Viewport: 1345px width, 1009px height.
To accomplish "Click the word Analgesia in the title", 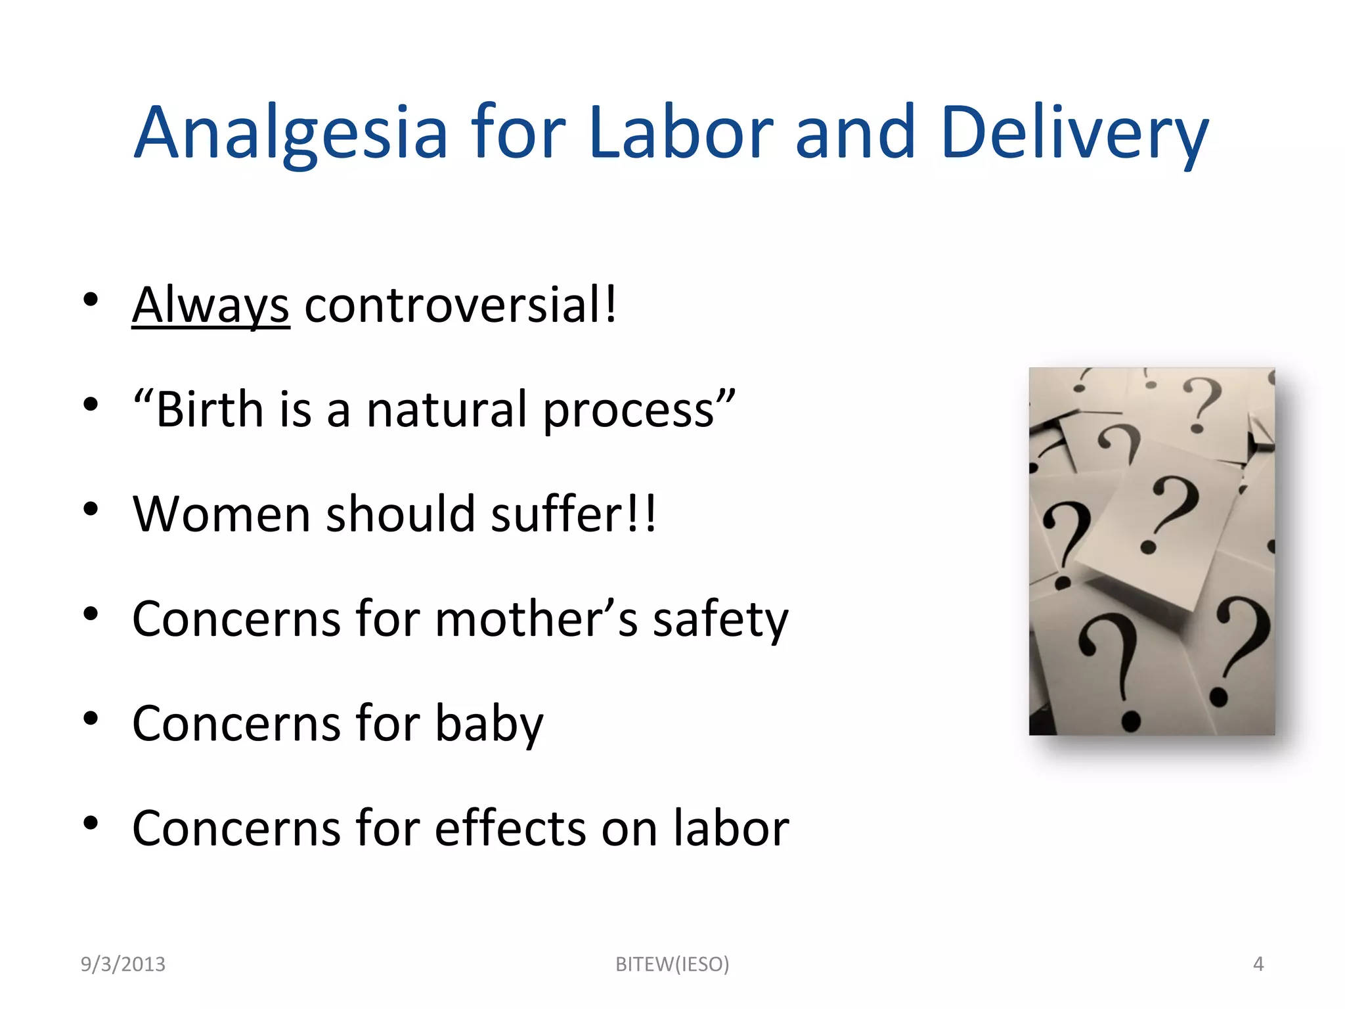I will pyautogui.click(x=291, y=133).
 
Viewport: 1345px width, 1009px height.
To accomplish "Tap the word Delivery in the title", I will pyautogui.click(x=1074, y=133).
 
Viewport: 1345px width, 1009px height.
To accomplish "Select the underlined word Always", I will pyautogui.click(x=210, y=305).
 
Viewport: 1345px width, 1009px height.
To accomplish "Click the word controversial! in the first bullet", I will pyautogui.click(x=460, y=305).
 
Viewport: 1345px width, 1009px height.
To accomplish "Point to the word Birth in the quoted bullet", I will pyautogui.click(x=209, y=410).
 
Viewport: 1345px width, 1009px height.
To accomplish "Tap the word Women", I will pyautogui.click(x=221, y=514).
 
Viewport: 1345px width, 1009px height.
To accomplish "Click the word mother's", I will pyautogui.click(x=536, y=619).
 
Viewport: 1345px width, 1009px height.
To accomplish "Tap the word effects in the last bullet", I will pyautogui.click(x=510, y=828).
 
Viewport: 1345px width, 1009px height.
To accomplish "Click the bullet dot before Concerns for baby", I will pyautogui.click(x=91, y=719).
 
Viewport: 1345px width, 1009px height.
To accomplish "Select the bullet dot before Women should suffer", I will pyautogui.click(x=91, y=509).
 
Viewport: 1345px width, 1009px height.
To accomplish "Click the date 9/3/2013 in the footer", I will pyautogui.click(x=123, y=964).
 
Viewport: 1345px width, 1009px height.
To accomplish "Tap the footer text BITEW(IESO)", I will pyautogui.click(x=672, y=964).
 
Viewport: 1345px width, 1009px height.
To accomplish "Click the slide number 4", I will pyautogui.click(x=1258, y=964).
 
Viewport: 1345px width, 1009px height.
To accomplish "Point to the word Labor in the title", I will pyautogui.click(x=681, y=133).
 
